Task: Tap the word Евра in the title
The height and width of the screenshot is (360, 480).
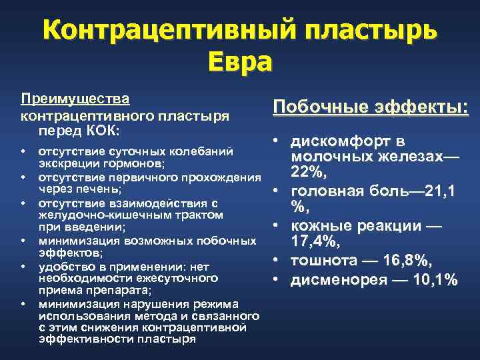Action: point(240,62)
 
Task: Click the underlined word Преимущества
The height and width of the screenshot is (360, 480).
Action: point(75,98)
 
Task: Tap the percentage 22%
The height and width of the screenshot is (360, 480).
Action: point(307,173)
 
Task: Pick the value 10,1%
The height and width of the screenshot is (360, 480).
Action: point(433,280)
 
